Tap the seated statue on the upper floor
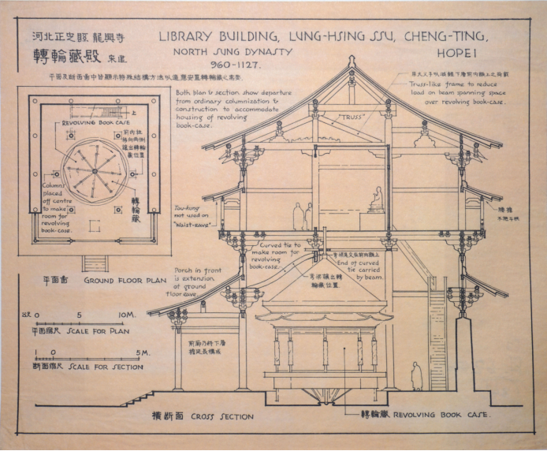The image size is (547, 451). tap(378, 197)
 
